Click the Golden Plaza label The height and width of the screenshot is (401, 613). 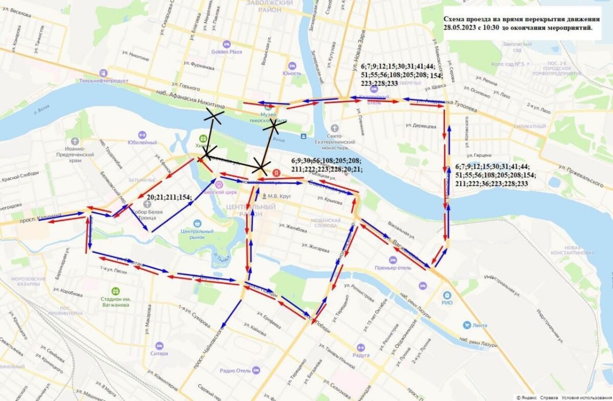[x=226, y=52]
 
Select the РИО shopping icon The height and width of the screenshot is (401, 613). [x=447, y=295]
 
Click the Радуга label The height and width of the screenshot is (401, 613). [x=361, y=355]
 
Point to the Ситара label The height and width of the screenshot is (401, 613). [x=159, y=352]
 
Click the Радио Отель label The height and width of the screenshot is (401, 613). [x=234, y=371]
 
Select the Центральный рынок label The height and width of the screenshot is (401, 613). [x=197, y=234]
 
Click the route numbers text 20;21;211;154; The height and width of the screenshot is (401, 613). [x=169, y=197]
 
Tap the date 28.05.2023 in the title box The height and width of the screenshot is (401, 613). [x=465, y=28]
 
